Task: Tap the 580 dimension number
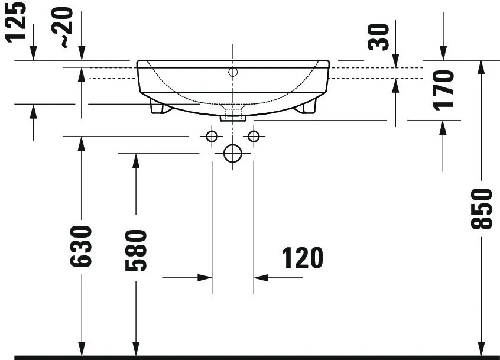(x=136, y=250)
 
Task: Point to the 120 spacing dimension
(x=302, y=258)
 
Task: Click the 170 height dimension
(x=443, y=90)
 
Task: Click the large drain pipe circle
(x=233, y=154)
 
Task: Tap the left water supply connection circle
(x=212, y=137)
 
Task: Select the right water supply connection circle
(x=254, y=137)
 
